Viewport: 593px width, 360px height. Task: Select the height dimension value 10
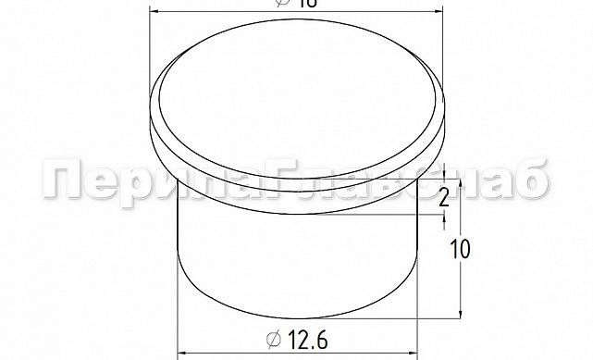[x=460, y=248]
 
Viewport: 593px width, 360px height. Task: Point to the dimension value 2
[x=444, y=196]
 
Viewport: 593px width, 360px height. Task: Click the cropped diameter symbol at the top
[x=282, y=4]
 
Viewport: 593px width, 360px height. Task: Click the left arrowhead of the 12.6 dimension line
[x=182, y=353]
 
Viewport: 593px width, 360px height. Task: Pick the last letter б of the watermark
[x=528, y=181]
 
